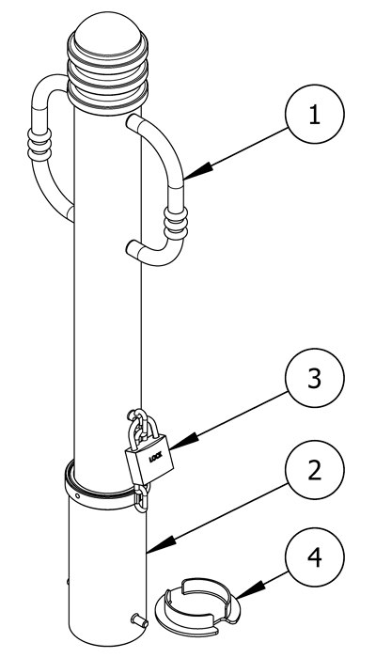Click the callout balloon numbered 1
[314, 114]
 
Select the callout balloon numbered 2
[314, 470]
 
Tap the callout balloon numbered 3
[314, 378]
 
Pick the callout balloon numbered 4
[314, 557]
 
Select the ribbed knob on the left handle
[39, 145]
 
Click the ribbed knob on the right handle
[176, 223]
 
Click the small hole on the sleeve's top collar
[77, 495]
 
